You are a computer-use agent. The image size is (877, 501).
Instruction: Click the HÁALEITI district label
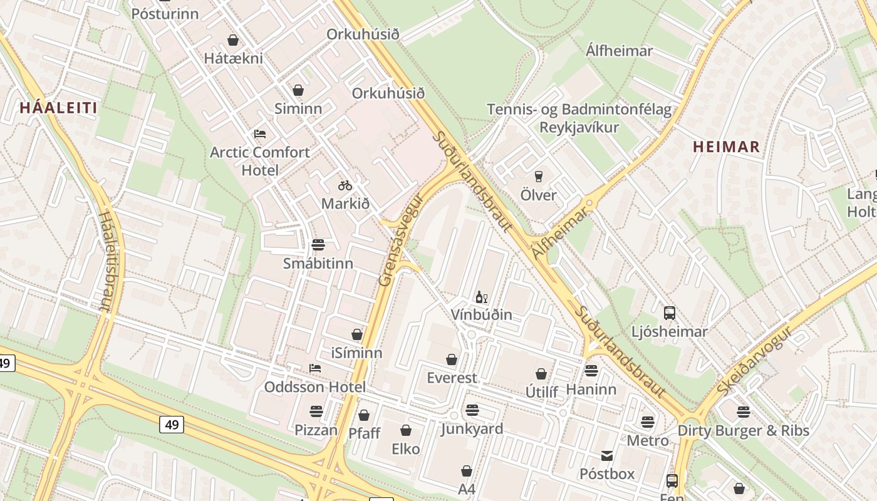pos(58,108)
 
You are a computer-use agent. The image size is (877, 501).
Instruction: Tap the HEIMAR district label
pos(726,147)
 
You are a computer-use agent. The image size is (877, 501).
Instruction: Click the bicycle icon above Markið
pos(345,185)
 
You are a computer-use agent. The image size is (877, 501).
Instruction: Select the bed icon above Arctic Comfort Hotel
pos(260,134)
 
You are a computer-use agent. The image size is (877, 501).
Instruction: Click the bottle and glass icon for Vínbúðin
pos(481,297)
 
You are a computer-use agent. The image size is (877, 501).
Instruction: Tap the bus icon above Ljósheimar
pos(669,313)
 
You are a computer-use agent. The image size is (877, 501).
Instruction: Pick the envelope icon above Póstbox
pos(607,456)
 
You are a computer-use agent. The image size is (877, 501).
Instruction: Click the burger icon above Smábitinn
pos(318,245)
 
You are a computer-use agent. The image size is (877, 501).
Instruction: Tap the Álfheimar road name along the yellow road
pos(561,233)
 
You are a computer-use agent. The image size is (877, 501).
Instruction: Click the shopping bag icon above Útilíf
pos(541,374)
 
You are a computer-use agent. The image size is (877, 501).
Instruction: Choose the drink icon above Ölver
pos(538,177)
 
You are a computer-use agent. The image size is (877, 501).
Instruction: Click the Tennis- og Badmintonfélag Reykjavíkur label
pos(579,118)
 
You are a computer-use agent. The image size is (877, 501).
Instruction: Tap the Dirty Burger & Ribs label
pos(743,431)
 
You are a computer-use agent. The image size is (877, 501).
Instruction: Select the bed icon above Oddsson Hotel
pos(315,368)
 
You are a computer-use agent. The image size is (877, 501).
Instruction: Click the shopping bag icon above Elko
pos(406,430)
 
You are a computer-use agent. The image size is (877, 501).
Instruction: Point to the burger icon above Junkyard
pos(472,410)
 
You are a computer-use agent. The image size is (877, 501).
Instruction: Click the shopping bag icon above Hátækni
pos(233,40)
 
